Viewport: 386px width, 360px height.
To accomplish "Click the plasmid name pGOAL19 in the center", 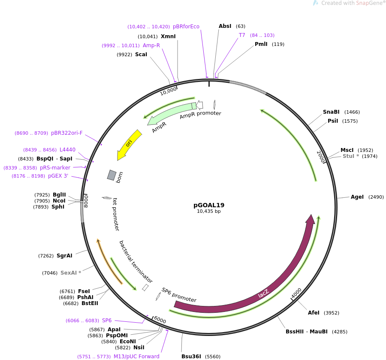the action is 209,205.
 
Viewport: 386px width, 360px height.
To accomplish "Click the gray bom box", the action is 112,175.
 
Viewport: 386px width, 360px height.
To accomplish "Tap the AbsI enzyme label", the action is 225,26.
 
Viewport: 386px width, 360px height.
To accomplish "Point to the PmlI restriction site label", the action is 261,44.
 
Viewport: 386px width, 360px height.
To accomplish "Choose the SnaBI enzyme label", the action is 331,112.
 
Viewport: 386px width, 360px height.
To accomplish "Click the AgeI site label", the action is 357,197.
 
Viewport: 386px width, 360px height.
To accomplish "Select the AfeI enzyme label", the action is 314,313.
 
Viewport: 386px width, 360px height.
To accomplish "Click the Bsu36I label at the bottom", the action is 191,357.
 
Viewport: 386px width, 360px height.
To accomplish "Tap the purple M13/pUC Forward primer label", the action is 136,357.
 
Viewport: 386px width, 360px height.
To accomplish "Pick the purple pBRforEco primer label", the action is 186,27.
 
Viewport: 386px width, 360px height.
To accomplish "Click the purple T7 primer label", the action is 242,35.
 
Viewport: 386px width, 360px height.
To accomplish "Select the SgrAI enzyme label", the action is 64,256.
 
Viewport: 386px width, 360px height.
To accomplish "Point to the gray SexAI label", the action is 69,273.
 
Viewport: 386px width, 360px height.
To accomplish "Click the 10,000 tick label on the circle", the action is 169,91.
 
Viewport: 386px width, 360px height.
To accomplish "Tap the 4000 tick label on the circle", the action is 296,293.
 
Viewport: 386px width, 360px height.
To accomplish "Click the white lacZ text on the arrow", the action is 263,293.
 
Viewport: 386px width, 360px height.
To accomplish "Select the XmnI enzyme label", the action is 168,36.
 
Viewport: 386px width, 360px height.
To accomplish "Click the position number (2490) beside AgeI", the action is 376,197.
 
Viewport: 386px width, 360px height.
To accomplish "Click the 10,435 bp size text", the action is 209,211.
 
